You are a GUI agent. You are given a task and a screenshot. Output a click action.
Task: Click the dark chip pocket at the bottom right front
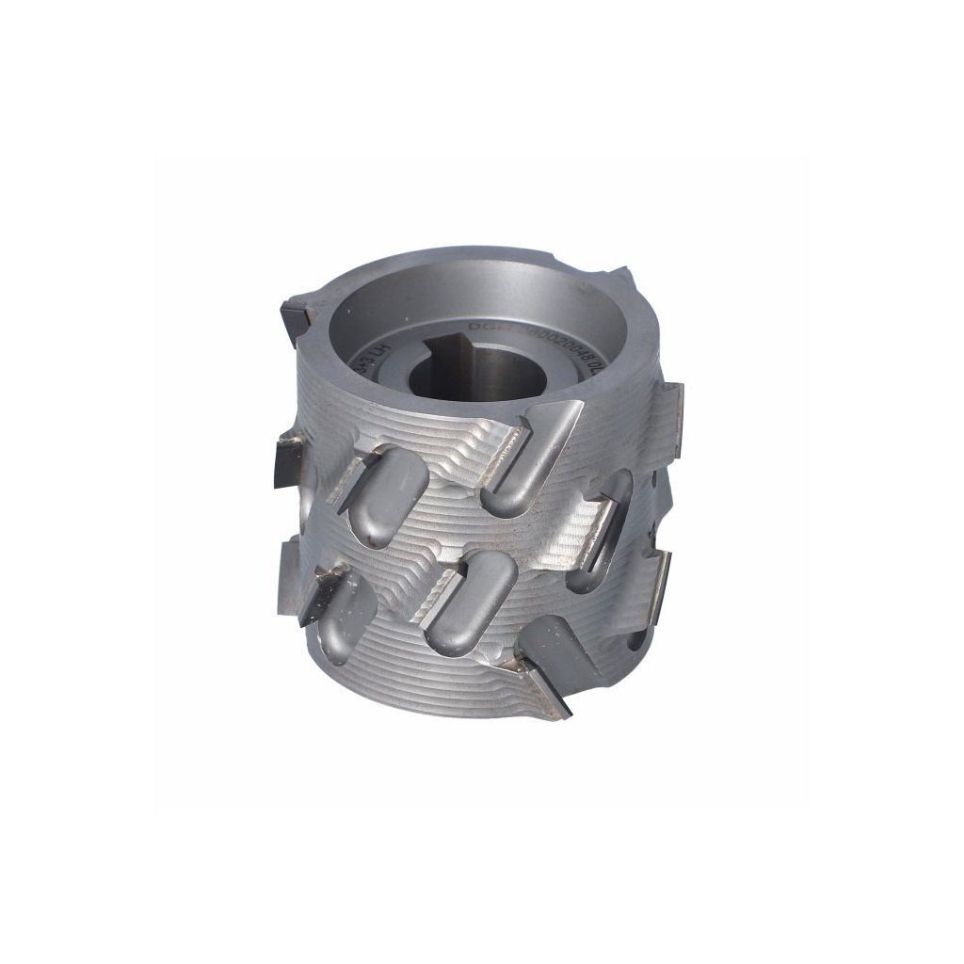click(555, 641)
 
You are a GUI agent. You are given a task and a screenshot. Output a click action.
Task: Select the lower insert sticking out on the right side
click(659, 579)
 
